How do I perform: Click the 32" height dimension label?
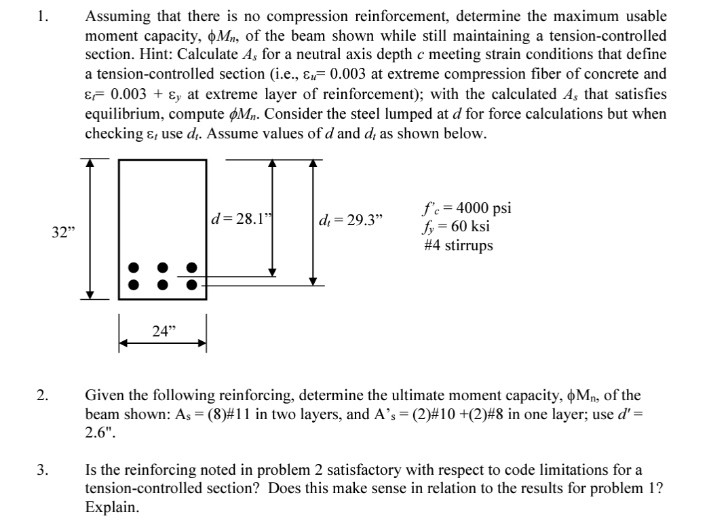(x=63, y=233)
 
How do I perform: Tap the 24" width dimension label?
(x=163, y=332)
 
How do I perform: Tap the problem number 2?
(x=43, y=394)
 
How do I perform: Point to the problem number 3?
(x=43, y=469)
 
